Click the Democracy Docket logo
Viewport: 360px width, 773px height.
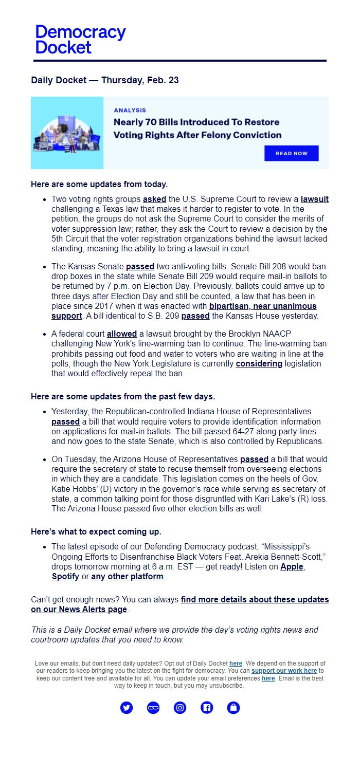80,40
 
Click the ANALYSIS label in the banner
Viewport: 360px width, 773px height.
130,110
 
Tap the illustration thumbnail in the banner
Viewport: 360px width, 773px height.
67,133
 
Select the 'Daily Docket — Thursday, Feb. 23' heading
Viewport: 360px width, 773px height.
105,80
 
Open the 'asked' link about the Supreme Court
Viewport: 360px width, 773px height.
154,199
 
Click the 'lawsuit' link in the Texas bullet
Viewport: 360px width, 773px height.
315,199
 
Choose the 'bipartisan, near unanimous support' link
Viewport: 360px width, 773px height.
262,306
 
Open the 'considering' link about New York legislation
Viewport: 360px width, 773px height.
259,364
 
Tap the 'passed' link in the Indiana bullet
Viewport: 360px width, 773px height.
65,421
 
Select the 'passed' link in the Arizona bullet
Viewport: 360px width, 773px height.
254,459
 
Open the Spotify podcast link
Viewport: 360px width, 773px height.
65,577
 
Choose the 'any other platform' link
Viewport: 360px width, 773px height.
127,577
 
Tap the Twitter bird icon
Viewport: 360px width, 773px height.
127,708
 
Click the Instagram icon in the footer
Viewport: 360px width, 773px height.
180,708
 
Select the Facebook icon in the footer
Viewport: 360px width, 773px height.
207,708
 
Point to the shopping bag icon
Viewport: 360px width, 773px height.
233,708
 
